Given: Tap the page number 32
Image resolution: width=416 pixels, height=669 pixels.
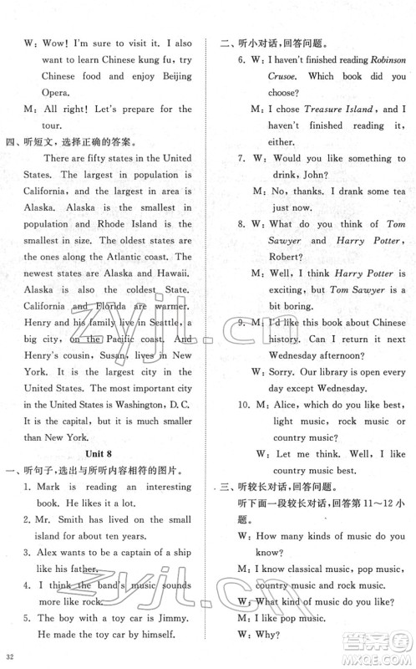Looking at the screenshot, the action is [x=10, y=655].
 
